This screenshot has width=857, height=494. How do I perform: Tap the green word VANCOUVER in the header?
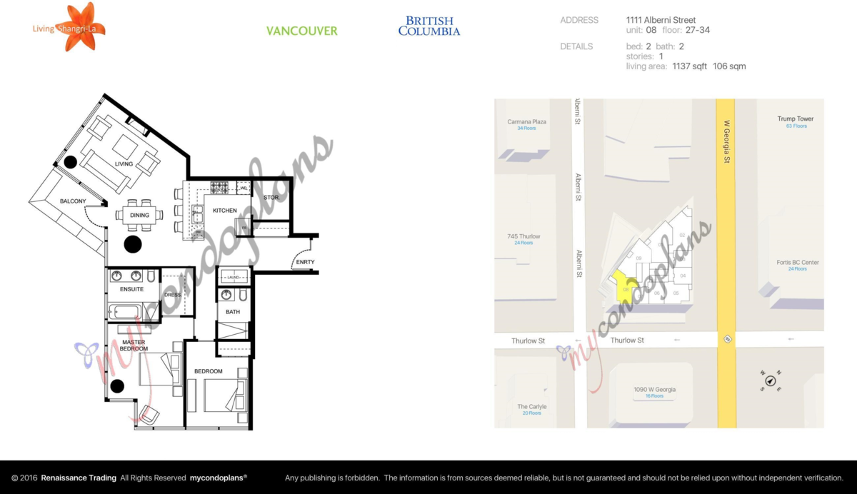point(301,31)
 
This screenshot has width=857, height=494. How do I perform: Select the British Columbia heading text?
point(428,26)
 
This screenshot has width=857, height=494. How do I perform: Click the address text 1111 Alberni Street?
point(661,20)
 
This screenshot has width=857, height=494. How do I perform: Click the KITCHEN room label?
point(224,211)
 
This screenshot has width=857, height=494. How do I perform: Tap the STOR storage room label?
point(271,198)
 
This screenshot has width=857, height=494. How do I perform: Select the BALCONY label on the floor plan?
point(73,201)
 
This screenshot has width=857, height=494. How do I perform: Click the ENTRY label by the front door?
point(304,263)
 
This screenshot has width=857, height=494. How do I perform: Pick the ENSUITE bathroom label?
point(131,289)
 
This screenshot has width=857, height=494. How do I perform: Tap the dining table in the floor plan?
point(139,215)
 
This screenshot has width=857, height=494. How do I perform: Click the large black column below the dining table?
point(133,245)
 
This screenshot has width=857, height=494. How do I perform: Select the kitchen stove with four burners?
point(219,188)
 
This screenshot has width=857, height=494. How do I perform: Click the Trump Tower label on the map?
point(796,119)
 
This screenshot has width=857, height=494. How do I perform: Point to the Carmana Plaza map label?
point(526,122)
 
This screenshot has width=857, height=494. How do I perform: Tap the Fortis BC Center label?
point(798,263)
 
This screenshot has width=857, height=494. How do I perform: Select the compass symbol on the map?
point(770,380)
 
